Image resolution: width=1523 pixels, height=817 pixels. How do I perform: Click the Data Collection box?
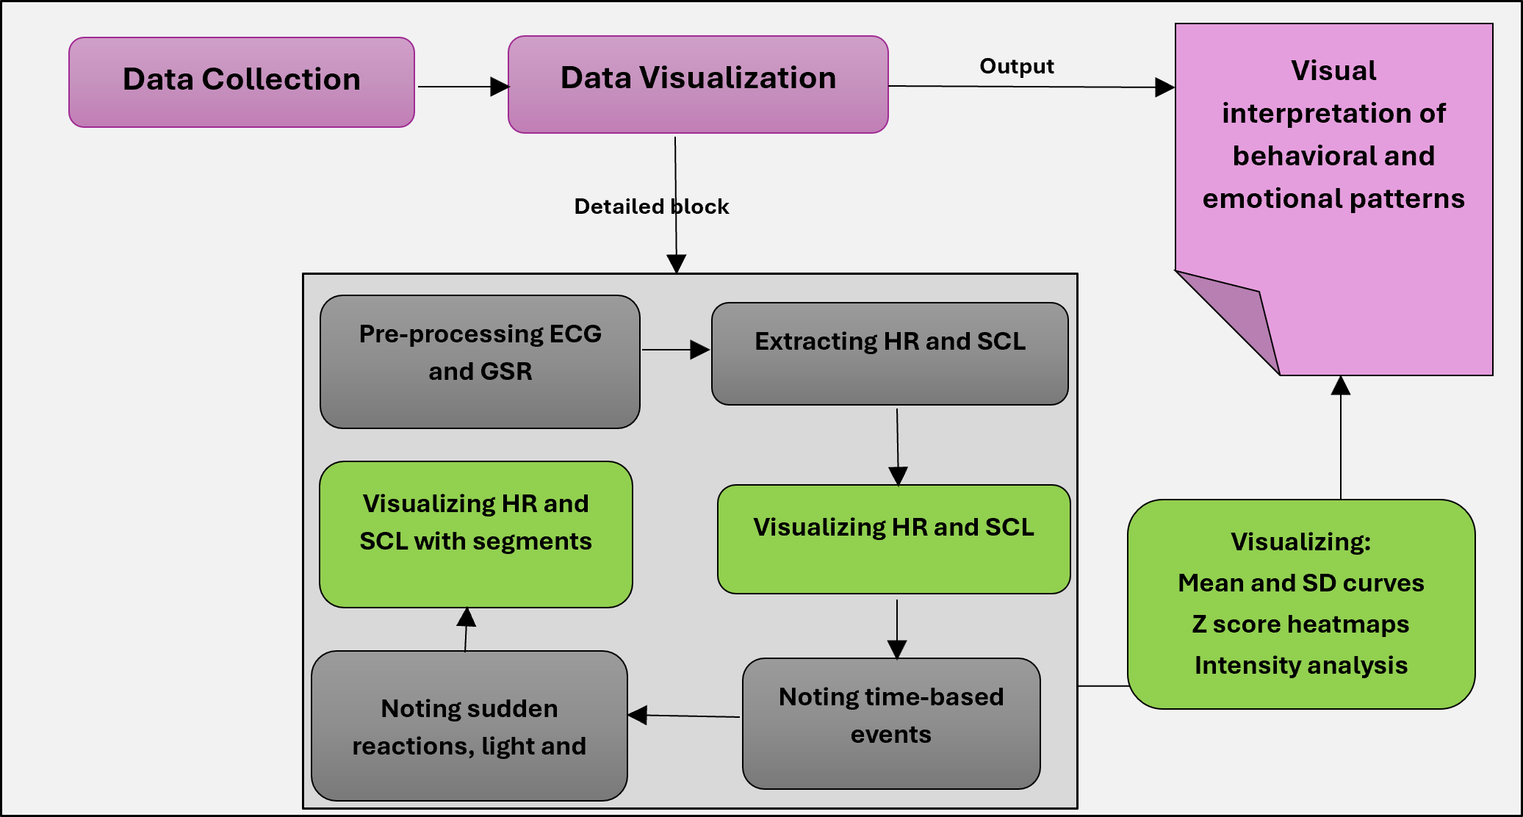242,82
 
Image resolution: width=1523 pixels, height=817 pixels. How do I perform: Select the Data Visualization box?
698,84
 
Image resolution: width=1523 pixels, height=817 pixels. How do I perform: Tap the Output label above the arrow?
1017,66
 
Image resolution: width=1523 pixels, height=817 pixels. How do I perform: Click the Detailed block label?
652,206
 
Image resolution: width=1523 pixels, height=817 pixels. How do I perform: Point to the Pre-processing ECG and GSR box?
480,361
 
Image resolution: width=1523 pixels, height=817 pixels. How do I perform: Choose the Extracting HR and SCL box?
890,353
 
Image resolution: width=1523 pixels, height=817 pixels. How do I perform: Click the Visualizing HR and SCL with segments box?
476,534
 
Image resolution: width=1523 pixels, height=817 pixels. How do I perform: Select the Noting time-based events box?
891,723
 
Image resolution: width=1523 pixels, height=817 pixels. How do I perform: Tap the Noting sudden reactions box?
469,725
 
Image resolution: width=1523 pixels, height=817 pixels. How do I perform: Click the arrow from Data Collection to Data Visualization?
464,87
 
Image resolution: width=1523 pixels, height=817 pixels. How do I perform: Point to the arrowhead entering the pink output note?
1164,87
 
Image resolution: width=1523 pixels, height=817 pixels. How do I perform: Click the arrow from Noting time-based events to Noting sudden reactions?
684,716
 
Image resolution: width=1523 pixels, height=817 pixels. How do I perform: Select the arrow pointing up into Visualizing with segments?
466,630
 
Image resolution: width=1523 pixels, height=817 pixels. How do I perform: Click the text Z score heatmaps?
1300,624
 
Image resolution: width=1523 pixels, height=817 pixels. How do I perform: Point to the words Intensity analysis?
1301,665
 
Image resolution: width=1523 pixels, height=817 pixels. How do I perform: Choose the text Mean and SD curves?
1301,583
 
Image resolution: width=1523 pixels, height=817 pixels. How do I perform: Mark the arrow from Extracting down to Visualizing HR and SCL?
898,447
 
